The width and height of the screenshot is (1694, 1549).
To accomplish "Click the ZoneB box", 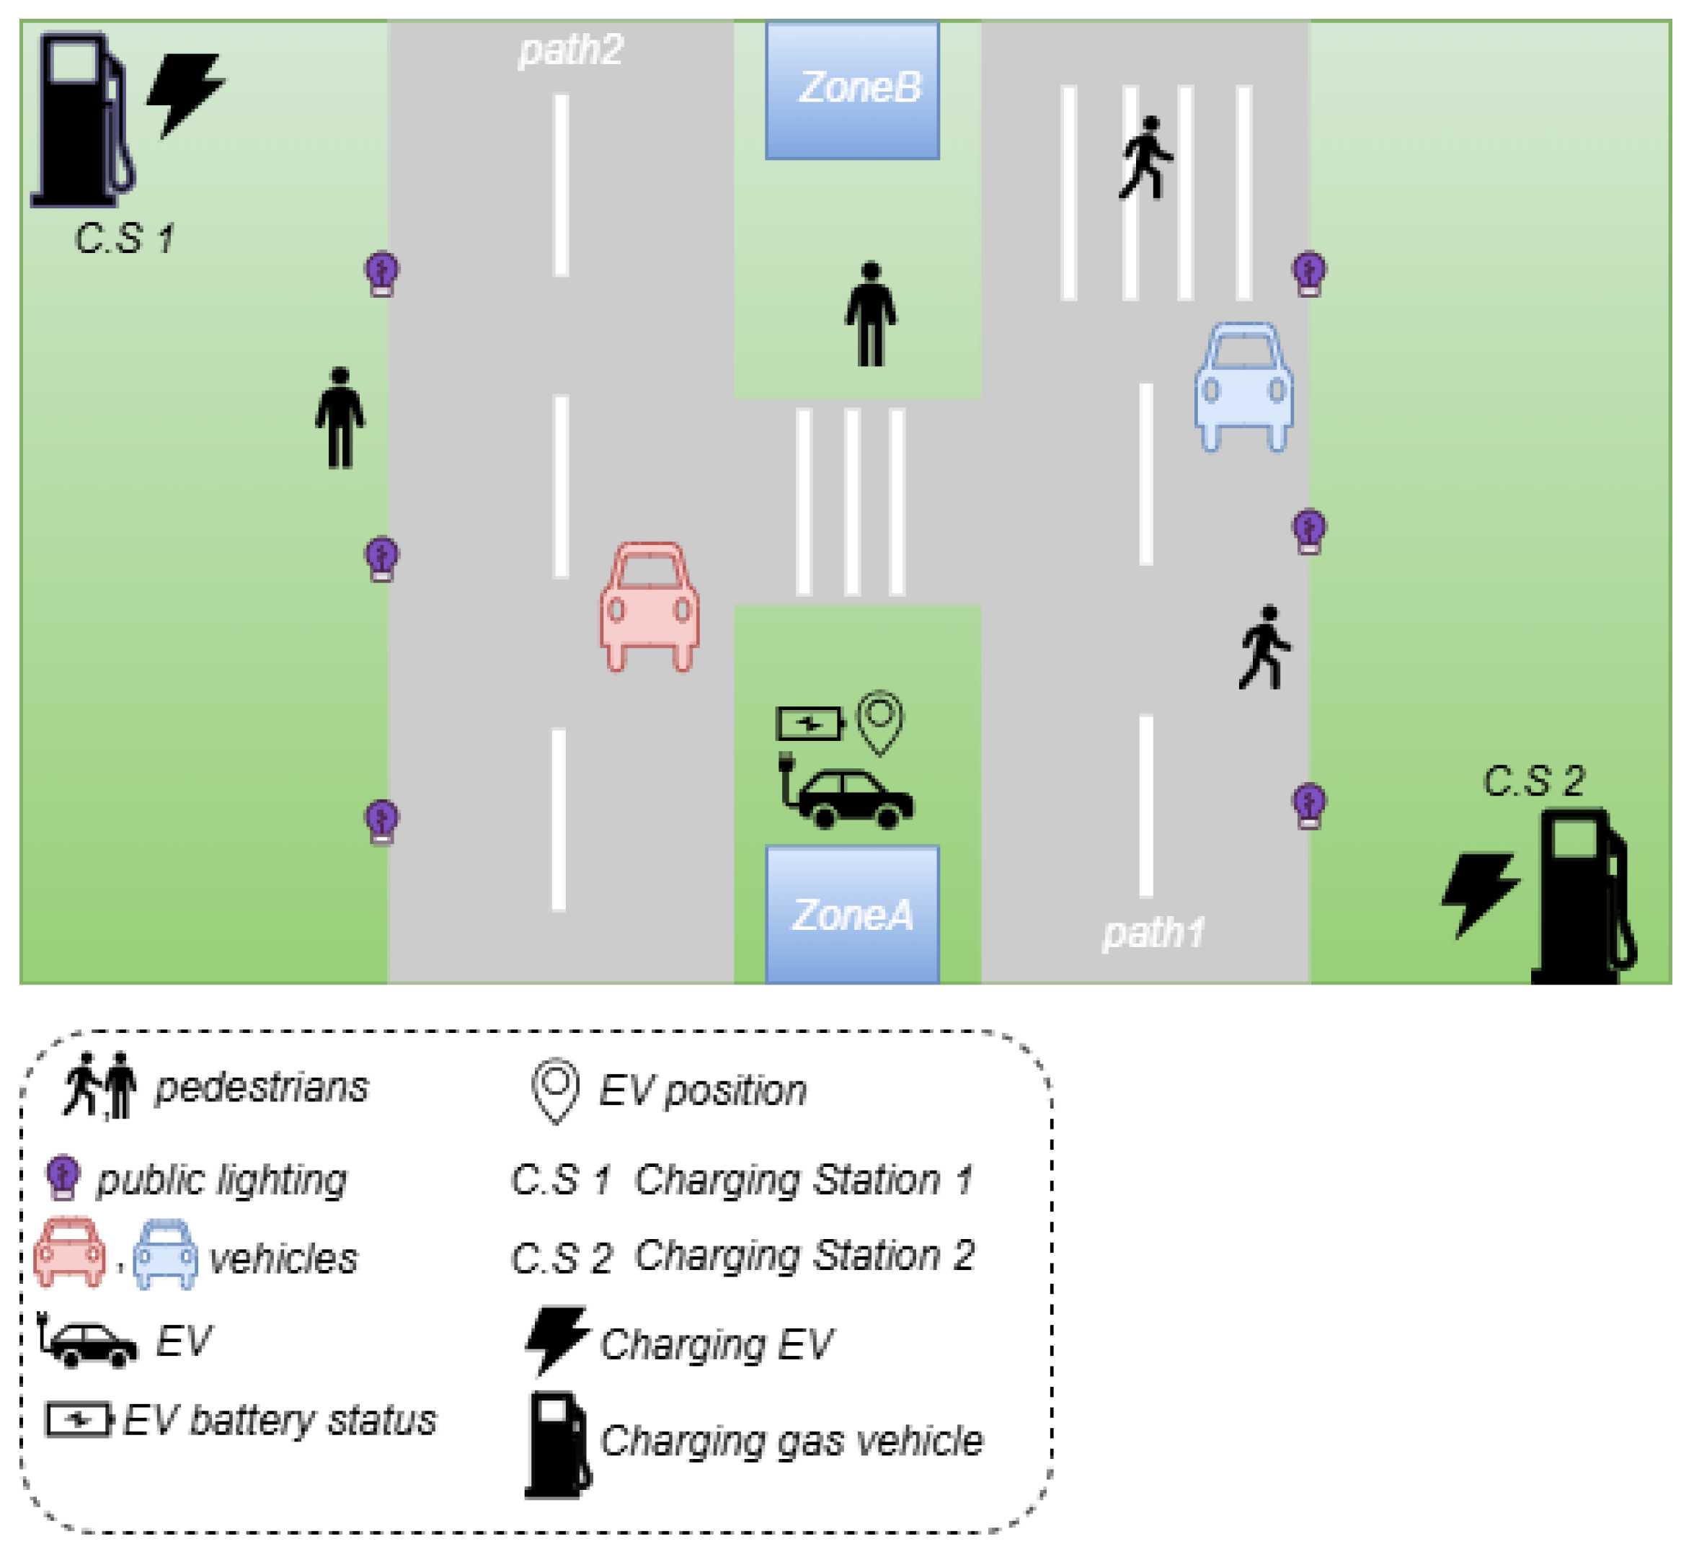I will (x=852, y=89).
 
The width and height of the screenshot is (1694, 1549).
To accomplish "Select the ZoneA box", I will (x=852, y=914).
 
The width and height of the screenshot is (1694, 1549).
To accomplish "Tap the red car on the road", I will (x=649, y=605).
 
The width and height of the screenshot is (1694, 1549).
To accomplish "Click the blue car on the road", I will (x=1243, y=386).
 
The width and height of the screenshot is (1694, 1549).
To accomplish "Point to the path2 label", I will (x=570, y=50).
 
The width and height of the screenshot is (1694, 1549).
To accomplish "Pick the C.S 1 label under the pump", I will (x=125, y=239).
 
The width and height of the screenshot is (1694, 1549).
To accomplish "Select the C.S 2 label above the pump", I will (x=1533, y=781).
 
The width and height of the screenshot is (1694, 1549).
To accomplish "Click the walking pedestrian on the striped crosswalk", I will (x=1145, y=158).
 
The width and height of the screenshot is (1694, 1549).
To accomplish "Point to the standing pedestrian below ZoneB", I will (x=871, y=314).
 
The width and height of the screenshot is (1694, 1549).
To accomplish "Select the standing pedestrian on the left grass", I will (x=340, y=417).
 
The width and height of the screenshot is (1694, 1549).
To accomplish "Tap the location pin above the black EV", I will (x=879, y=721).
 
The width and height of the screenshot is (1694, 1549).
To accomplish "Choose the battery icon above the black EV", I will (x=810, y=723).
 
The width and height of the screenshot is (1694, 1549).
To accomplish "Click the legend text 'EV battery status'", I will (x=280, y=1420).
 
